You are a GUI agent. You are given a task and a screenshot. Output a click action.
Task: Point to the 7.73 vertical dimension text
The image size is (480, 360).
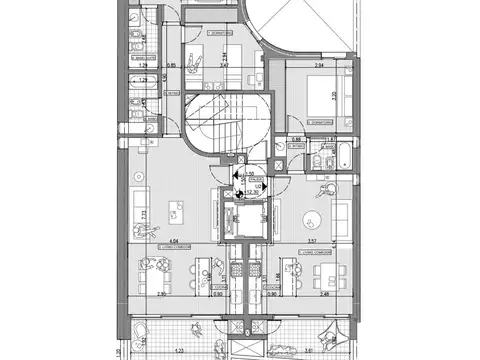[x=145, y=214]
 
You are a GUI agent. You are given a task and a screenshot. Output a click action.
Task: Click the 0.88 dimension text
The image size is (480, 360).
[x=297, y=140]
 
